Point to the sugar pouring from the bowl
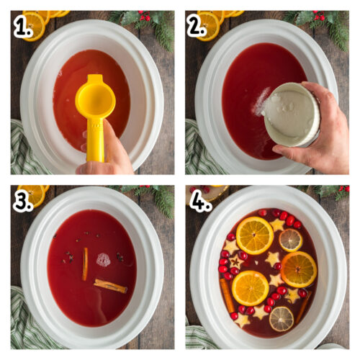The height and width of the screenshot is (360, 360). point(260,105)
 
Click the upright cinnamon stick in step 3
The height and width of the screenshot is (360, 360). point(85,264)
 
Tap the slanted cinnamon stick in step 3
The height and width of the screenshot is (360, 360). point(110,286)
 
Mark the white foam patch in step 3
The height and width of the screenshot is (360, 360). point(104,260)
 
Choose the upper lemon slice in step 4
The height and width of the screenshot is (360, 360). point(291,239)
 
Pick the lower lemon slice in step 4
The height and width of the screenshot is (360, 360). point(282,318)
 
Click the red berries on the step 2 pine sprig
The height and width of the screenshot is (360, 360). point(320,16)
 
